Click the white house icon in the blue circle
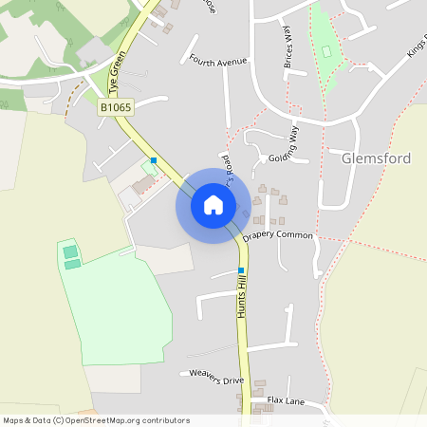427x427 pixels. pyautogui.click(x=213, y=204)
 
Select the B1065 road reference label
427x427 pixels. pyautogui.click(x=115, y=109)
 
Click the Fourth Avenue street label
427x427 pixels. pyautogui.click(x=217, y=61)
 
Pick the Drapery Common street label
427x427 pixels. pyautogui.click(x=277, y=234)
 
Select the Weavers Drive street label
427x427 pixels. pyautogui.click(x=216, y=375)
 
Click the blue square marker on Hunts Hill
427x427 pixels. pyautogui.click(x=241, y=270)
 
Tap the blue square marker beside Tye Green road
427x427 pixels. pyautogui.click(x=154, y=159)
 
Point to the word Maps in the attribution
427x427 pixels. pyautogui.click(x=13, y=420)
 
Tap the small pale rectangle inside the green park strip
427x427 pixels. pyautogui.click(x=327, y=50)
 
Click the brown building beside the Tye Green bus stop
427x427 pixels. pyautogui.click(x=141, y=184)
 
